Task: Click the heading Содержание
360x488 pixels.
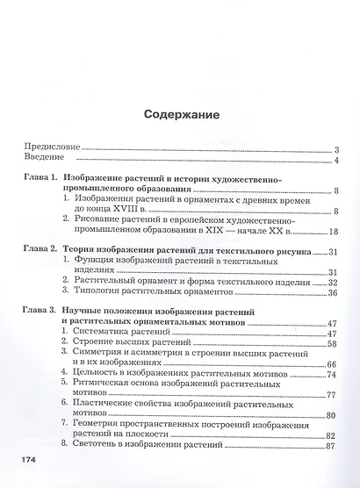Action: click(180, 114)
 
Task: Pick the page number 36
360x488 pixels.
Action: click(333, 292)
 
